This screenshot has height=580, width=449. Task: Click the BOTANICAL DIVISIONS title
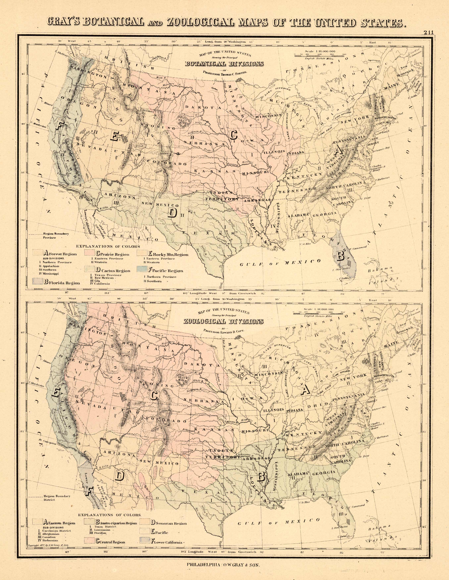224,64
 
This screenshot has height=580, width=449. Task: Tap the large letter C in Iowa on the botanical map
233,135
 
